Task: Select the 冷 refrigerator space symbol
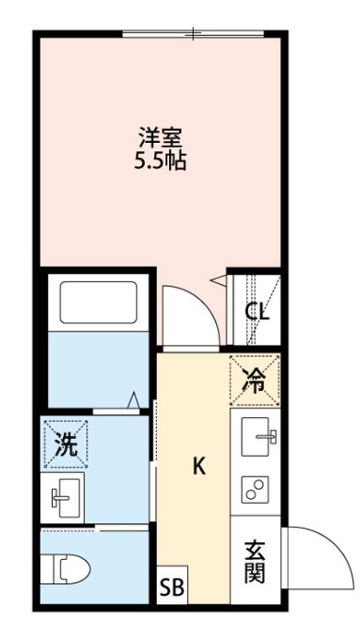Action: point(255,380)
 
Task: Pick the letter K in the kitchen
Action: point(198,466)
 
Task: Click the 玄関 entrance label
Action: point(254,560)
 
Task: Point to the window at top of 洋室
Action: point(194,35)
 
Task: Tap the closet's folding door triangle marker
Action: point(218,279)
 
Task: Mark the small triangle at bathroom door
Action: point(136,398)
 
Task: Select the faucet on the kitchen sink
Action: point(269,437)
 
